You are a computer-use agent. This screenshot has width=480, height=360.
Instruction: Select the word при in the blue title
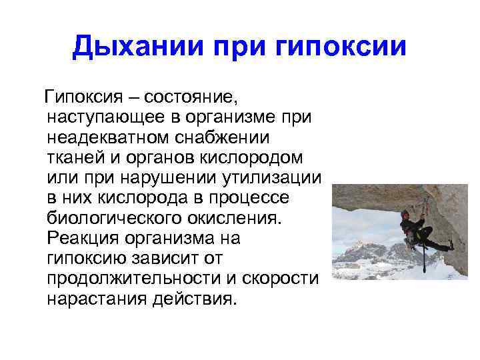click(235, 47)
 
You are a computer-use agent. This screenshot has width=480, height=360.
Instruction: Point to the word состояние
click(191, 99)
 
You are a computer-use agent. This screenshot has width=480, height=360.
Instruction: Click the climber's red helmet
click(405, 213)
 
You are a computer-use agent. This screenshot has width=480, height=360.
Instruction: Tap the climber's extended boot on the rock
click(447, 247)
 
